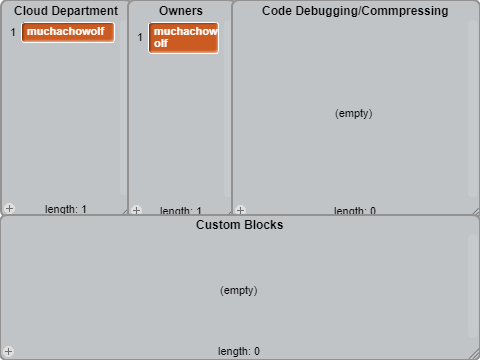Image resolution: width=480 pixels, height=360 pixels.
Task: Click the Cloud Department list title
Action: (66, 11)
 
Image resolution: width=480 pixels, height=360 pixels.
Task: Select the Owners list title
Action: (181, 11)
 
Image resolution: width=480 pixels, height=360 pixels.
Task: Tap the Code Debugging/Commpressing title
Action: (355, 11)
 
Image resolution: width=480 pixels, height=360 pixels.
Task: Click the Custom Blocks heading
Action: (239, 225)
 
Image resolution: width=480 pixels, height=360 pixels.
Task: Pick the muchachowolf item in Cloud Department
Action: (68, 32)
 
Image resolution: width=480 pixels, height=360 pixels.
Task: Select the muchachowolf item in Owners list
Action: (183, 38)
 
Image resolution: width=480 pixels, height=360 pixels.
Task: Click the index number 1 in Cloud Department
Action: (13, 32)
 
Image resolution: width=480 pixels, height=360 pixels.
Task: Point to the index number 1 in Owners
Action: (140, 37)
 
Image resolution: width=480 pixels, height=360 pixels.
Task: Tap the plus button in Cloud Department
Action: (9, 208)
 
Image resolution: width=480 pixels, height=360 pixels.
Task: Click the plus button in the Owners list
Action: (136, 210)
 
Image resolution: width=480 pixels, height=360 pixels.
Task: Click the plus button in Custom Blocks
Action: (9, 351)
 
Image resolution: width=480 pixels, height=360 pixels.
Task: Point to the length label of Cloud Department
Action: (66, 209)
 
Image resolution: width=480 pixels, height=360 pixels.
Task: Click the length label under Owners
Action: (181, 210)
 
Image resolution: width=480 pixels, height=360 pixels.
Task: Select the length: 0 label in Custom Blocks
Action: (239, 351)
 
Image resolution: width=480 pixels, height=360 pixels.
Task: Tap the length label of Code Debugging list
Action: (355, 210)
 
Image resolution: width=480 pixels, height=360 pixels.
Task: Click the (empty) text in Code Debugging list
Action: (354, 114)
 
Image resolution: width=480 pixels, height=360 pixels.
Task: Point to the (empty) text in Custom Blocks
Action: (239, 291)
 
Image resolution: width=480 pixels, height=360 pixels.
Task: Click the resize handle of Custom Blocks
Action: (475, 355)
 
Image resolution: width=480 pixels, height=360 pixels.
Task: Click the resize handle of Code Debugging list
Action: (476, 211)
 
